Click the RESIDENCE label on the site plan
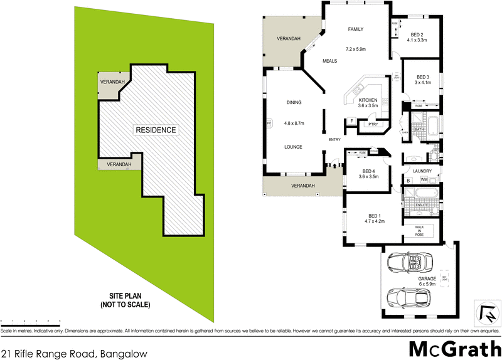coord(156,130)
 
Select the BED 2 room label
coord(417,34)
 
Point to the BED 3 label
coord(423,77)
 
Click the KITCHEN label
coord(368,100)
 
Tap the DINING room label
coord(294,102)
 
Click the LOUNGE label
coord(294,147)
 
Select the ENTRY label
coord(334,139)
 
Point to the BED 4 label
coord(369,172)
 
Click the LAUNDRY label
coord(423,170)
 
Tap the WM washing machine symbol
coord(432,180)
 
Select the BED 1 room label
coord(374,214)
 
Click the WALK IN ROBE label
coord(420,231)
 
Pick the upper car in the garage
coord(409,262)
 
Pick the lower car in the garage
coord(409,296)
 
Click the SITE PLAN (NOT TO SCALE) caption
coord(125,301)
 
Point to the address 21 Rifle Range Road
coord(74,353)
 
